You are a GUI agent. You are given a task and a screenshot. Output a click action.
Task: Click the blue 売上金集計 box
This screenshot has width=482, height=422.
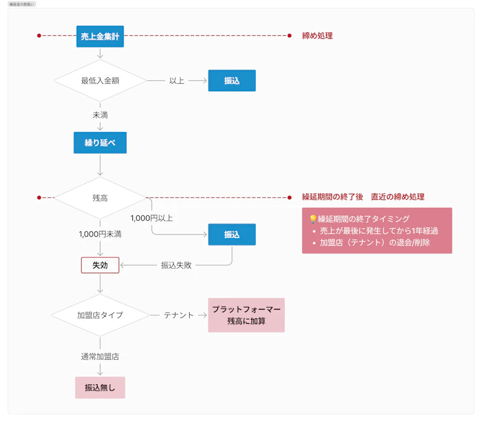pos(100,36)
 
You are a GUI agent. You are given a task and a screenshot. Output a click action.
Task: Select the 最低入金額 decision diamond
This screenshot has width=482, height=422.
pos(100,80)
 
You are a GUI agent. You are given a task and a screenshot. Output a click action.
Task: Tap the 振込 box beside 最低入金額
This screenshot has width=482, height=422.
pos(232,80)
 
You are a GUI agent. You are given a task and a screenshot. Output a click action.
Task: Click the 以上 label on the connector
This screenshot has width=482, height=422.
pos(177,81)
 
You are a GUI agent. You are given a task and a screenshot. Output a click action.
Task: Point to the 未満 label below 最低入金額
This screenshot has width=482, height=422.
pos(100,115)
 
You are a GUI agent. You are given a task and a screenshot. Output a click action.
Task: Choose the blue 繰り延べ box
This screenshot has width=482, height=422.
pos(100,143)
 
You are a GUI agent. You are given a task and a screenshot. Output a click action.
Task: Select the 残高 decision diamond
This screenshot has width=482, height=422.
pos(100,197)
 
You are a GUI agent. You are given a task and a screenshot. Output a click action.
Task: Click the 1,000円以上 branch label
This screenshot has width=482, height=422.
pos(152,218)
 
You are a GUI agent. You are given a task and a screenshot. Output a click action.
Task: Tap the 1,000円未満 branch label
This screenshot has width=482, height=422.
pos(100,234)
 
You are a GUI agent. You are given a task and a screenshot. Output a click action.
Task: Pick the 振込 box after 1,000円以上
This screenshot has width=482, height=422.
pos(232,234)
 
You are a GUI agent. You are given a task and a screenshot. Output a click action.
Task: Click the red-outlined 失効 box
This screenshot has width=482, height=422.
pos(100,265)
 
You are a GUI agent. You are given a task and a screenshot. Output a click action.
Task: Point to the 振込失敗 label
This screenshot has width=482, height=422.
pos(176,265)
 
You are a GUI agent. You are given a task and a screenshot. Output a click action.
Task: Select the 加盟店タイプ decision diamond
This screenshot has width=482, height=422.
pos(100,315)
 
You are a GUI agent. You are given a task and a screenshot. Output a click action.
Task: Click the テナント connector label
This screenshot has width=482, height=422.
pos(179,315)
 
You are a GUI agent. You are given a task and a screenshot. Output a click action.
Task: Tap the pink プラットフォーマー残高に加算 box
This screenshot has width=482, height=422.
pos(246,315)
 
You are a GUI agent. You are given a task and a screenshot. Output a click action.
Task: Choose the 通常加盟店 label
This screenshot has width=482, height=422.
pos(100,357)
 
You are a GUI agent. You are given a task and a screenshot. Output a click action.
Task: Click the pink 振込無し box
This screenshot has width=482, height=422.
pos(100,387)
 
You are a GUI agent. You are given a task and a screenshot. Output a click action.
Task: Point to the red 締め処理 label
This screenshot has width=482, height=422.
pos(317,36)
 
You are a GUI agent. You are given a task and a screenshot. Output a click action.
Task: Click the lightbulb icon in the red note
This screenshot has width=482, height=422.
pos(313,219)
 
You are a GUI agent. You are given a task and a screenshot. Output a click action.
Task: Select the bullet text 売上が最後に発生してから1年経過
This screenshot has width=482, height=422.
pos(379,231)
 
